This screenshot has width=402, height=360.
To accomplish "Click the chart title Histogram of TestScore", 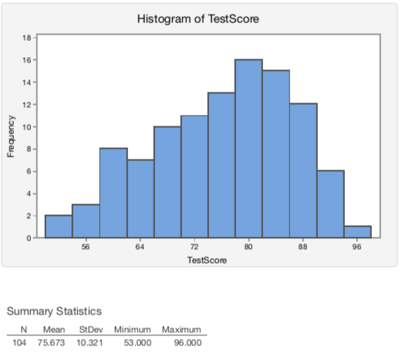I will point(198,19).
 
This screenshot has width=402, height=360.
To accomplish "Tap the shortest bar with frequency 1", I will point(357,232).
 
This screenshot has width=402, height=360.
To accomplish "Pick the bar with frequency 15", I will point(275,154).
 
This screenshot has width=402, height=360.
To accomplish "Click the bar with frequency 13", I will point(221,165).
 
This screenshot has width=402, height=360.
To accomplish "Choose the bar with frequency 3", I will point(86,221).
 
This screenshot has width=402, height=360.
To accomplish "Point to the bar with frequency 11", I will point(194,177).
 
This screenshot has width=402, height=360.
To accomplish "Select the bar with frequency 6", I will point(330,204).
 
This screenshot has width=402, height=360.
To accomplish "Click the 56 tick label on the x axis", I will point(86,247).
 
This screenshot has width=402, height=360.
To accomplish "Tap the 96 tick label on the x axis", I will point(357,247).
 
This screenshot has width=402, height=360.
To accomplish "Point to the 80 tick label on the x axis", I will point(248,247).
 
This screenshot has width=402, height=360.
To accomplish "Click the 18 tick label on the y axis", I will point(26,37).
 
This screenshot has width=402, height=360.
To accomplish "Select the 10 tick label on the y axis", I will point(26,126).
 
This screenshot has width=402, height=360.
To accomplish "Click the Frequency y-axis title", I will point(11,137).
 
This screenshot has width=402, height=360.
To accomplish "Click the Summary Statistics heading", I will point(54,311).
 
